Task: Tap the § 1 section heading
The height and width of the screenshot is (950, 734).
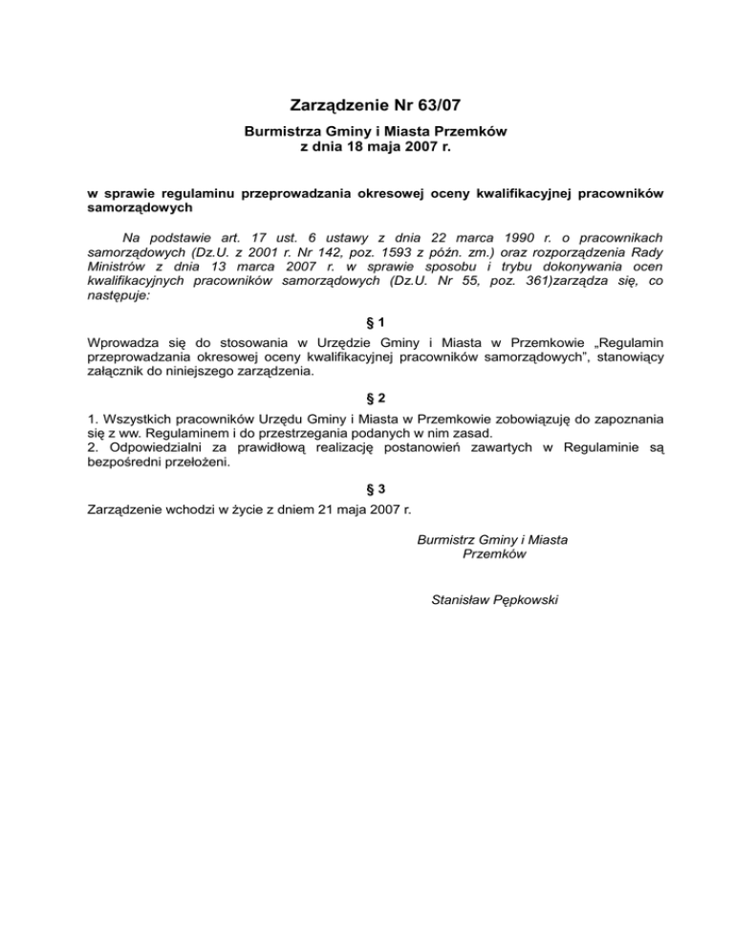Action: pos(367,322)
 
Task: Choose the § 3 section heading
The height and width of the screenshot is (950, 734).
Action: pos(367,486)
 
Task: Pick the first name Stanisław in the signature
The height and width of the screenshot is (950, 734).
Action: pos(466,600)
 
